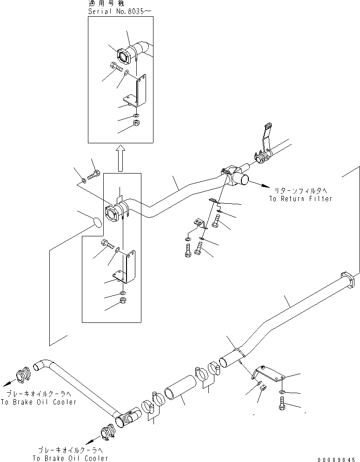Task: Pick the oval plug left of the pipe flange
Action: click(96, 222)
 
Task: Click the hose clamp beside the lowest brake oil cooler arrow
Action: click(108, 433)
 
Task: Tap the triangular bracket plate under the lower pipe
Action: click(268, 374)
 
